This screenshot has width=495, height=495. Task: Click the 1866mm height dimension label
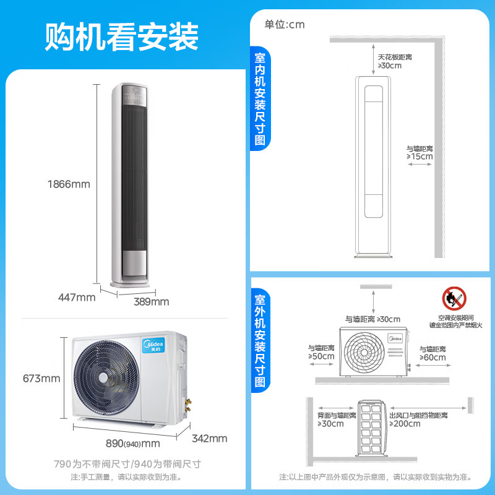coord(69,184)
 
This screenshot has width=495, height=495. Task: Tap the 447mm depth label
coord(77,298)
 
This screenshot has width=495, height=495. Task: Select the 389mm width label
coord(152,302)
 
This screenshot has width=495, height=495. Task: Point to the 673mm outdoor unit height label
coord(41,378)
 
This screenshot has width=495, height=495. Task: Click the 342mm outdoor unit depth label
coord(210,439)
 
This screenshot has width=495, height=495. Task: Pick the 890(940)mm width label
coord(133,444)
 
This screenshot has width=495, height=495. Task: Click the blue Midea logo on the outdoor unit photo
coord(153,345)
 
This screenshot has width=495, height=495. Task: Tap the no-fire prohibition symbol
coord(454,299)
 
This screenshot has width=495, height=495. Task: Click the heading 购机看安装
coord(121,37)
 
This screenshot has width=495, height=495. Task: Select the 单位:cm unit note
coord(285,25)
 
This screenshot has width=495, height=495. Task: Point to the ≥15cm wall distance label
coord(420,153)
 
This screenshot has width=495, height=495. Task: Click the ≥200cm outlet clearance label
coord(419,420)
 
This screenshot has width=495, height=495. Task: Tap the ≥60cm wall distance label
coord(433,353)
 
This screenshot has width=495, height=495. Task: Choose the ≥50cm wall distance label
coord(321,352)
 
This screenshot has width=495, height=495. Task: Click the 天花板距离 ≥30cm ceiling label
coord(395,61)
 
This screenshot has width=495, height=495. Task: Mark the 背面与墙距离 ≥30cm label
coord(337,420)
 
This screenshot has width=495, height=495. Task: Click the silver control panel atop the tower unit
coord(135,96)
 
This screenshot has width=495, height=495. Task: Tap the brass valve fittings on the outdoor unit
coord(188,406)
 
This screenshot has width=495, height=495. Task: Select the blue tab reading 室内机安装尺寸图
coord(260,98)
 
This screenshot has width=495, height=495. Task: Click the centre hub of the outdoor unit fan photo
coord(103,377)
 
